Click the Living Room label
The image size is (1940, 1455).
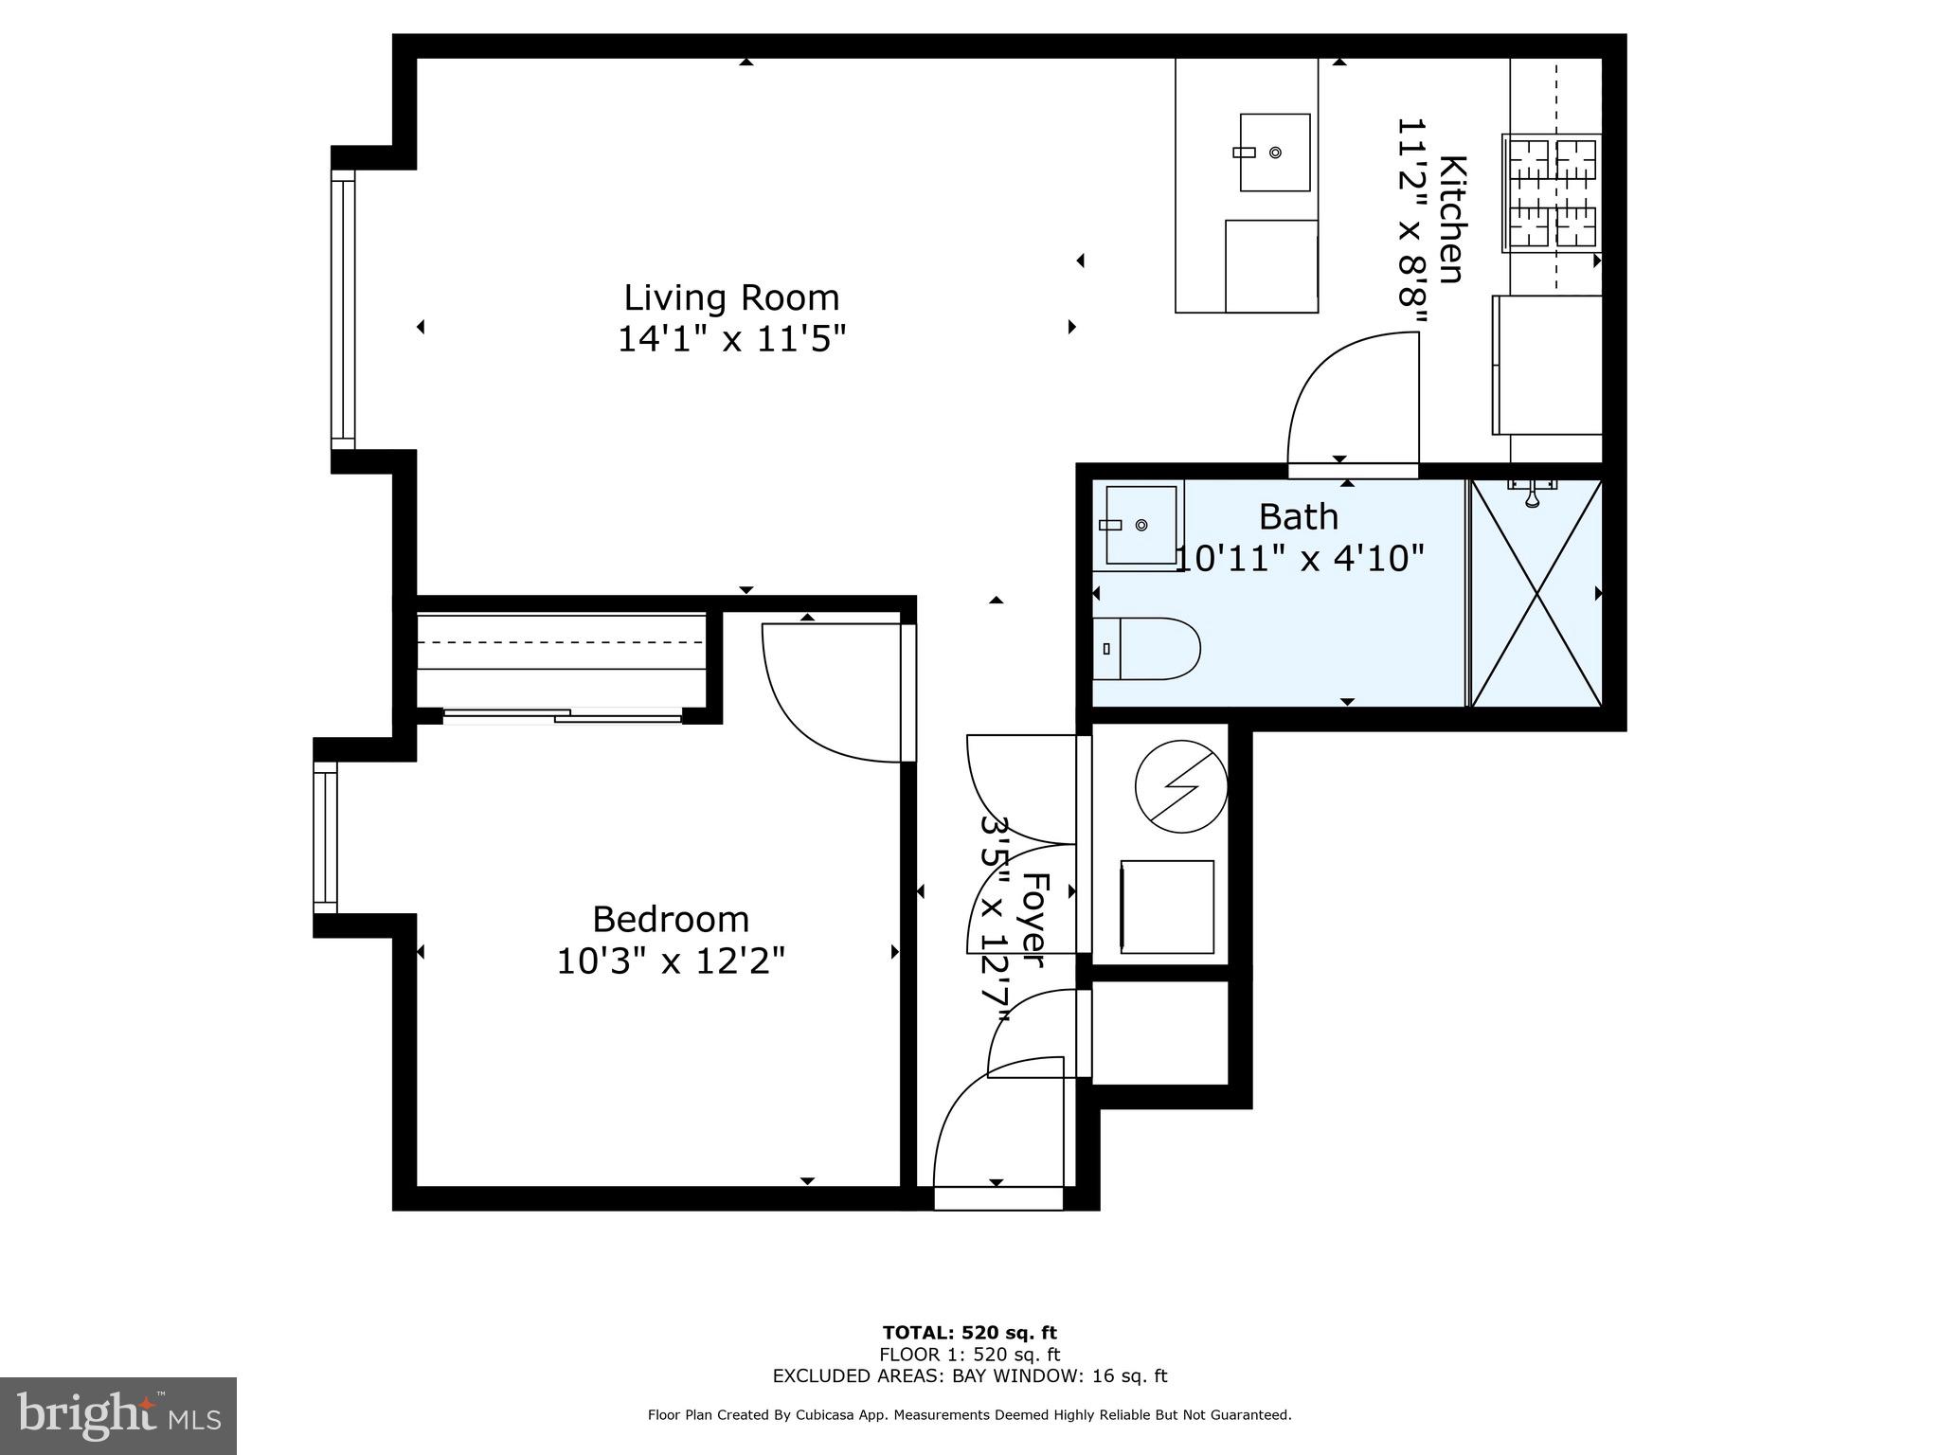click(x=731, y=298)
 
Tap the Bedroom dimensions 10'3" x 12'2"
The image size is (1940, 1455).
click(x=671, y=961)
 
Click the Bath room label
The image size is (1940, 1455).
click(x=1299, y=517)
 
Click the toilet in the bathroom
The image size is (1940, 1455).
click(x=1146, y=649)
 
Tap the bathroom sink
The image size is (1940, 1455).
click(x=1138, y=525)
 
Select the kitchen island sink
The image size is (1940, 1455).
click(x=1275, y=153)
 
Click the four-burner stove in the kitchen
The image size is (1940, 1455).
click(x=1552, y=193)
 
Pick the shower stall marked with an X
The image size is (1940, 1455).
click(x=1536, y=593)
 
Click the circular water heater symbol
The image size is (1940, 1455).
click(x=1181, y=786)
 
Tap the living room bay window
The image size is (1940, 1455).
click(x=343, y=309)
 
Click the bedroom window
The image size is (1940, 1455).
click(x=326, y=838)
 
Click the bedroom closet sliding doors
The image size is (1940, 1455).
click(x=563, y=716)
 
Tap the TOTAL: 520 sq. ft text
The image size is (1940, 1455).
click(x=969, y=1334)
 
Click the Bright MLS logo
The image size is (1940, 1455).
click(x=118, y=1415)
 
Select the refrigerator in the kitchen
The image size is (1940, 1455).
click(x=1548, y=365)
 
